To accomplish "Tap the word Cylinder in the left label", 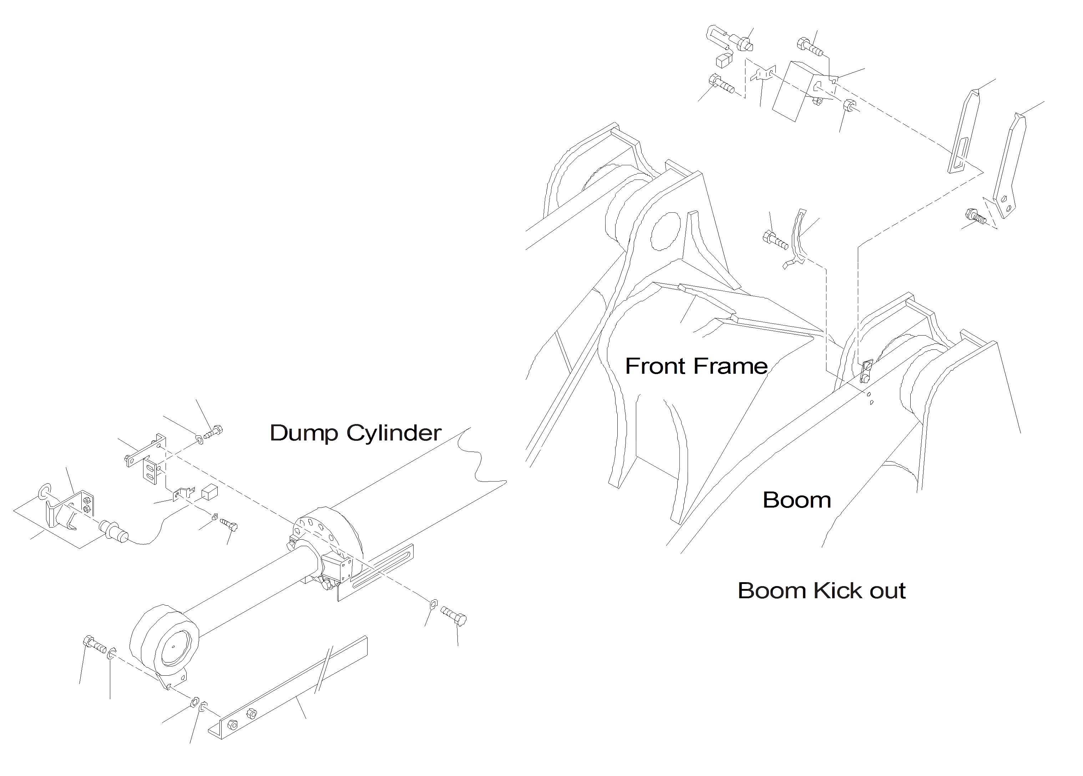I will (x=394, y=433).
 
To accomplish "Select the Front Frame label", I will (x=696, y=366).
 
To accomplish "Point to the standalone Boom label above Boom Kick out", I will (x=796, y=500).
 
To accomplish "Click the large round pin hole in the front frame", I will (x=665, y=232).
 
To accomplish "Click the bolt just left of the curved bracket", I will (x=775, y=239).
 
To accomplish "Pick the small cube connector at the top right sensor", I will (x=724, y=61).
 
